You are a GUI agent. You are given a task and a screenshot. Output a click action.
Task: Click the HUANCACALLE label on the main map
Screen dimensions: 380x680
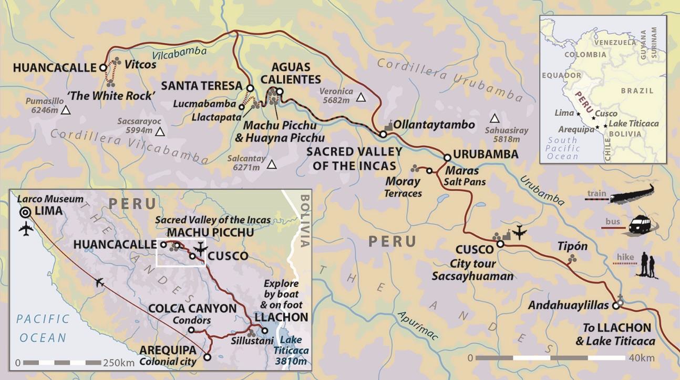(x=54, y=67)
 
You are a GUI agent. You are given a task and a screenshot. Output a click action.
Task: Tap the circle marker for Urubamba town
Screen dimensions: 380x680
(x=447, y=157)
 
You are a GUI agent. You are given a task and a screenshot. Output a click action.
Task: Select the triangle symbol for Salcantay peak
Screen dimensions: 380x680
(x=272, y=165)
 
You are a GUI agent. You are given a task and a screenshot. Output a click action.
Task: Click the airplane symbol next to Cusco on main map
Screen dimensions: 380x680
(x=520, y=232)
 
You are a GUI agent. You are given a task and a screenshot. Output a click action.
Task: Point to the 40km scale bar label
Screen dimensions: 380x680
(x=642, y=358)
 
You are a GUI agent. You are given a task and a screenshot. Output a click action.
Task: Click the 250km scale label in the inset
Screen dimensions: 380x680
(x=119, y=363)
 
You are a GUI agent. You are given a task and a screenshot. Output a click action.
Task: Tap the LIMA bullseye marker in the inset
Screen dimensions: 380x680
(x=25, y=212)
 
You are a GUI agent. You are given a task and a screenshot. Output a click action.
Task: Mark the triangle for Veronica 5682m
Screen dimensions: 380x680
(x=360, y=97)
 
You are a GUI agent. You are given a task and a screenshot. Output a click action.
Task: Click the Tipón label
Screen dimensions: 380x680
(x=572, y=246)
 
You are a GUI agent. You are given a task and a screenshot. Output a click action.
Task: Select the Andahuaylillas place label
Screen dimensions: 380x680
(x=568, y=305)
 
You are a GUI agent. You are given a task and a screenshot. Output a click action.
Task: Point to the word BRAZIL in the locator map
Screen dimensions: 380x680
(x=637, y=91)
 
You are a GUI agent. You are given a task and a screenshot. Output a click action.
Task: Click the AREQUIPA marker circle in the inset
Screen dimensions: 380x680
(x=207, y=357)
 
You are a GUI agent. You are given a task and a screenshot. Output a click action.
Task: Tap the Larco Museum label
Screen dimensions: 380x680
(x=50, y=199)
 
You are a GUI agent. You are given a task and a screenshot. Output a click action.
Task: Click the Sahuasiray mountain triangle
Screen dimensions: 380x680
(x=494, y=117)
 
